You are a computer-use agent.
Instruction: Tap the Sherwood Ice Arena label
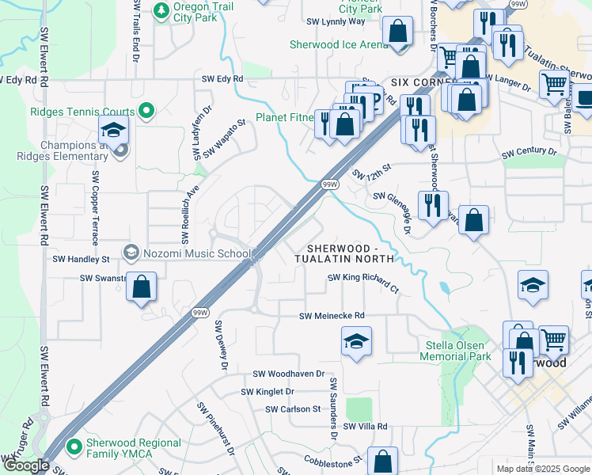[x=339, y=45]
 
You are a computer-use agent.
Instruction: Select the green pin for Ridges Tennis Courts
[x=146, y=112]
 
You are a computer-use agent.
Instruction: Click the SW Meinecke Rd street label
[x=332, y=316]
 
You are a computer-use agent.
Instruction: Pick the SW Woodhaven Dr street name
[x=288, y=374]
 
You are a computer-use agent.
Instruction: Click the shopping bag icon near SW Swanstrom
[x=141, y=287]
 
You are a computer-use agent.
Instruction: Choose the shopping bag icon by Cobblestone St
[x=382, y=461]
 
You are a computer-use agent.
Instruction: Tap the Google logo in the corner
[x=26, y=465]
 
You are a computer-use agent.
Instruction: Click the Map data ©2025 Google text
[x=542, y=469]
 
